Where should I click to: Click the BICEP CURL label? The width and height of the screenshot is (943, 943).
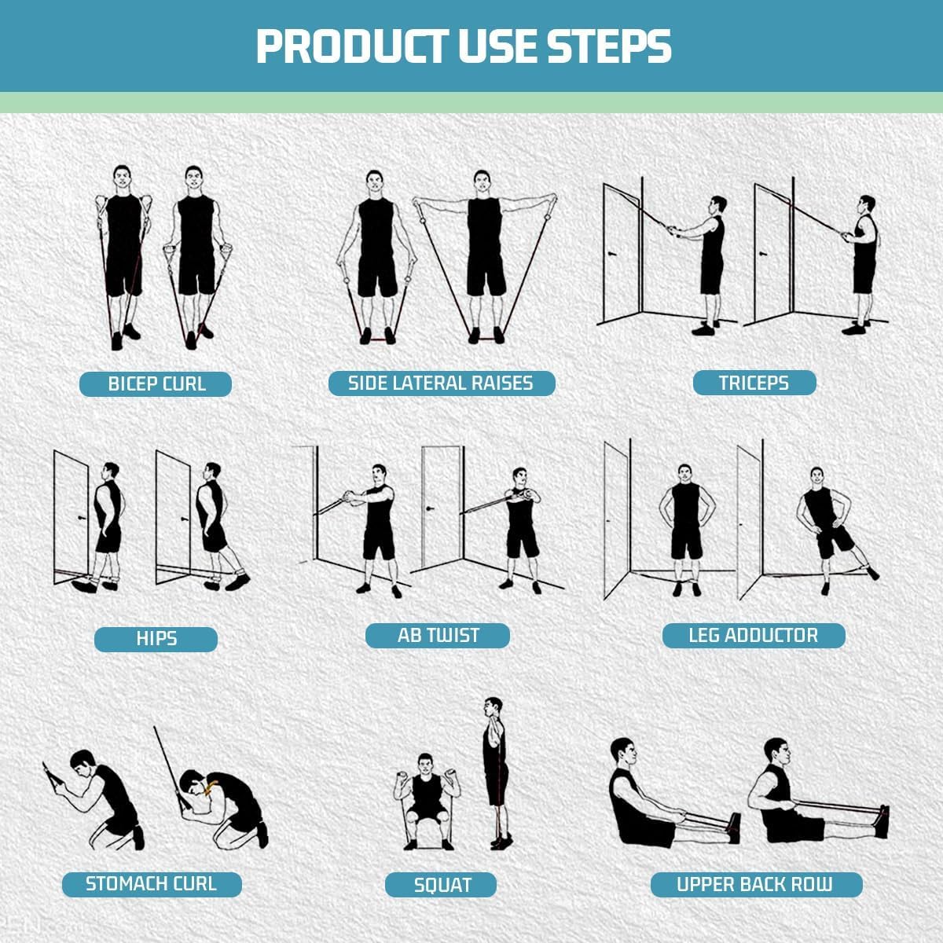point(156,384)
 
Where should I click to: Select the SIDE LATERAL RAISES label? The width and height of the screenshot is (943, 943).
point(441,383)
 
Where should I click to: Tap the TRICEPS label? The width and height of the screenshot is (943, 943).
point(754,383)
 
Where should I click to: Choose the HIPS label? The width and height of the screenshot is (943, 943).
point(156,638)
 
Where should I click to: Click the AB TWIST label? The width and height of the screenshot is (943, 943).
point(438,635)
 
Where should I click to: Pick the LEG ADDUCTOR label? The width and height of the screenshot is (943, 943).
point(753,635)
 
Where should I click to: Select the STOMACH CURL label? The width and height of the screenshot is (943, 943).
point(151,884)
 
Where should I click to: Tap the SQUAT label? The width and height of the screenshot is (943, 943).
point(442,885)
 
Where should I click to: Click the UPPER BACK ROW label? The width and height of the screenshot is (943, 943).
point(754,884)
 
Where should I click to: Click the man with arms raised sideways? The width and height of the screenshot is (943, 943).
point(483,251)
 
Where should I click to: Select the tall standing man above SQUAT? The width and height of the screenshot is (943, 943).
point(494,766)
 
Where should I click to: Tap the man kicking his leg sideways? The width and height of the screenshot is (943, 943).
point(825,527)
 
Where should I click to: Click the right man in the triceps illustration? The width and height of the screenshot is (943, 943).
point(863,259)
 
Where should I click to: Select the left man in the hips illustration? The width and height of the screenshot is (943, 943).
point(106,523)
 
